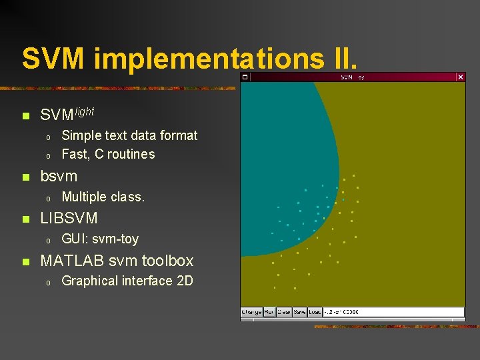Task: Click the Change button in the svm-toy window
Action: point(251,312)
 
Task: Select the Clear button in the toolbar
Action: point(284,312)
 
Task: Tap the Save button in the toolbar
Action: point(300,312)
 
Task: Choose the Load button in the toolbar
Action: point(315,312)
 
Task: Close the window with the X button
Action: point(460,77)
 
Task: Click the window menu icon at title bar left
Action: point(245,77)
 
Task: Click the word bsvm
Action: point(59,177)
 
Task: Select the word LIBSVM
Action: point(69,218)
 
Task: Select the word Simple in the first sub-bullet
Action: point(81,135)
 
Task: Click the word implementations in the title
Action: point(207,59)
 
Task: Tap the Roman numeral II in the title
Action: point(342,58)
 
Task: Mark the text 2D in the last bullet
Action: point(184,281)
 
